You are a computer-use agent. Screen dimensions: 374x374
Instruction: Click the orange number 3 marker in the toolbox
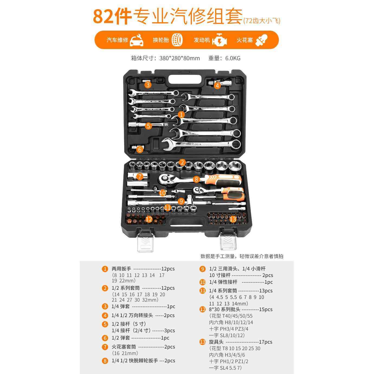[x=147, y=85]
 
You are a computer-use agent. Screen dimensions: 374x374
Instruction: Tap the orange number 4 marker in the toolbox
[x=217, y=86]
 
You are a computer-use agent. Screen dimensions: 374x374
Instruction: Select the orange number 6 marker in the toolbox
[x=140, y=149]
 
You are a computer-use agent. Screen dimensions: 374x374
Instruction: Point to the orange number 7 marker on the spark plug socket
[x=139, y=177]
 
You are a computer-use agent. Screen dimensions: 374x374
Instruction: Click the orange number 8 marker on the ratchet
[x=196, y=179]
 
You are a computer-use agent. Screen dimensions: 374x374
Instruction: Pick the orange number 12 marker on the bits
[x=149, y=219]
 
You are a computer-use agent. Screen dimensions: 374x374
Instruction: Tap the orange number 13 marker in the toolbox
[x=233, y=219]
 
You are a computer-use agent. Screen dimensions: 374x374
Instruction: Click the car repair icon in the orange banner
[x=137, y=40]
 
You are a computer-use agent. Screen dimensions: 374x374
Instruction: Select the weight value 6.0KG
[x=233, y=58]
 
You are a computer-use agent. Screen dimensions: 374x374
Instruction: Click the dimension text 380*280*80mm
[x=179, y=58]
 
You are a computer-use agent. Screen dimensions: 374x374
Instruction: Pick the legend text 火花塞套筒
[x=124, y=347]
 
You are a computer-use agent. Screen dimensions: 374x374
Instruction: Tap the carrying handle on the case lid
[x=186, y=79]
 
